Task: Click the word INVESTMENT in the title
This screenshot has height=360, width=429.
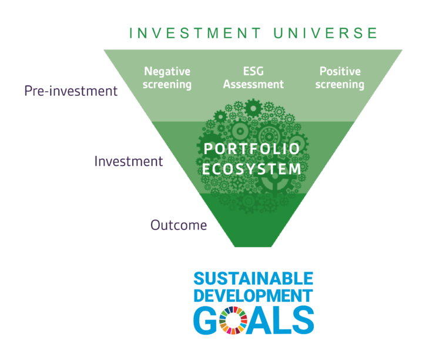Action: pos(195,33)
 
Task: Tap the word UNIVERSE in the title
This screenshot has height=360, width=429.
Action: pos(326,33)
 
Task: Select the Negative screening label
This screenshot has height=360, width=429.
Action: pos(167,78)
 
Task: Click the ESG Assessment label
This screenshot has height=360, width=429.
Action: pos(253,78)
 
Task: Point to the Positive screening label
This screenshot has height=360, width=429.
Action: pos(340,78)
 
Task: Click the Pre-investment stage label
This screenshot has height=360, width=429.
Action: pos(71,91)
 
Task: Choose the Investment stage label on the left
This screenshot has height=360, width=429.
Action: pos(129,161)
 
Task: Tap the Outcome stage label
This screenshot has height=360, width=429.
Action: pos(179,225)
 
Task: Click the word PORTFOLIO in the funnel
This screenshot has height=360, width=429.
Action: pos(252,149)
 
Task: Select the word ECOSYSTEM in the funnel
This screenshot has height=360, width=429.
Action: pos(252,169)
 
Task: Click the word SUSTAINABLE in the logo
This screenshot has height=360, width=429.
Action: pos(253,279)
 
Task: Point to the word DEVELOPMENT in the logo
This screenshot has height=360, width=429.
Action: pos(253,296)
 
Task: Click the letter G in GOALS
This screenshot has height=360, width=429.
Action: pos(206,321)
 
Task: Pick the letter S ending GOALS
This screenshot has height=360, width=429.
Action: pos(302,321)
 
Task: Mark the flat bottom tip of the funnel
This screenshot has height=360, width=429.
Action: pos(253,246)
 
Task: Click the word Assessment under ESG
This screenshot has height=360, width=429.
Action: pos(253,84)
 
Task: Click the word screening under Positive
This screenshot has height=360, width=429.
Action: pos(340,85)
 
